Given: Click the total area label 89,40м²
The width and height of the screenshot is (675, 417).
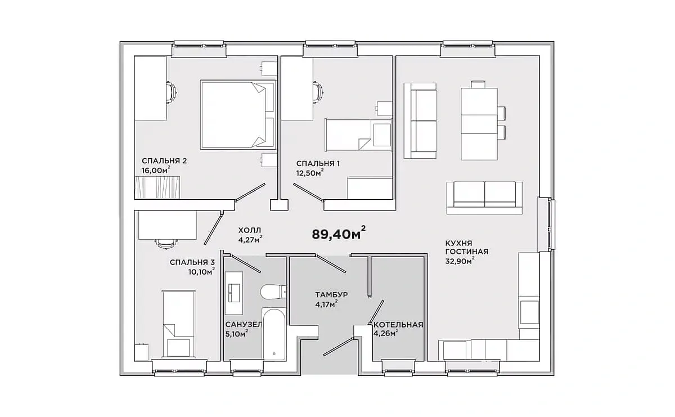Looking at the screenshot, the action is pyautogui.click(x=339, y=234).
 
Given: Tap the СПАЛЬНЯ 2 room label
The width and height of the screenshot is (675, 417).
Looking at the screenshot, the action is pyautogui.click(x=164, y=161).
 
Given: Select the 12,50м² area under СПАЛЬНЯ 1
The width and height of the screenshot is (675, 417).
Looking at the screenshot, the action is pyautogui.click(x=310, y=173).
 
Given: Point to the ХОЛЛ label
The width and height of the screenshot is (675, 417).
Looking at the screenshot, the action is pyautogui.click(x=250, y=230).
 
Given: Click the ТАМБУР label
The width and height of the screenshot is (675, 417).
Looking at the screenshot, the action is pyautogui.click(x=331, y=294).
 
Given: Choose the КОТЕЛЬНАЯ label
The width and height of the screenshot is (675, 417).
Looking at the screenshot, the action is pyautogui.click(x=398, y=325).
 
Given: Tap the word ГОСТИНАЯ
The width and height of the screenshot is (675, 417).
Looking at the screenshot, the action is pyautogui.click(x=467, y=252).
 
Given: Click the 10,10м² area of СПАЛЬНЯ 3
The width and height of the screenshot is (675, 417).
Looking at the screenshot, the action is pyautogui.click(x=201, y=272).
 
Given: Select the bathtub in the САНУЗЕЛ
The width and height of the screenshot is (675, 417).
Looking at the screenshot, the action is pyautogui.click(x=273, y=334).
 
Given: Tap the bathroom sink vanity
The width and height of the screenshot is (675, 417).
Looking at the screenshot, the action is pyautogui.click(x=234, y=293).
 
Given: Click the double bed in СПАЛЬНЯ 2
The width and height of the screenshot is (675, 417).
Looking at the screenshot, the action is pyautogui.click(x=238, y=115).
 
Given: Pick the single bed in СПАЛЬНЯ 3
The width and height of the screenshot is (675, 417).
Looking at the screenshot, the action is pyautogui.click(x=178, y=325).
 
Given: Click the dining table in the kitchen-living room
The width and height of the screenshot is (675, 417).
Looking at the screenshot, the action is pyautogui.click(x=479, y=124).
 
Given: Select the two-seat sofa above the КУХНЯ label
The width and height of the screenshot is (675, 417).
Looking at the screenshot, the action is pyautogui.click(x=484, y=198).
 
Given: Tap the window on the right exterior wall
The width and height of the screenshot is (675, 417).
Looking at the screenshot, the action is pyautogui.click(x=551, y=225).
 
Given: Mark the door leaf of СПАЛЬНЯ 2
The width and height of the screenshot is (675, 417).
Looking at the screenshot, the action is pyautogui.click(x=250, y=192).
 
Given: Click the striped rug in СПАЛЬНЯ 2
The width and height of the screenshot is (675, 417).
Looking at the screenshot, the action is pyautogui.click(x=157, y=187).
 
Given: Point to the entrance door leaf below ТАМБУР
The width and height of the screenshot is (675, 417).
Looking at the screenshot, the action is pyautogui.click(x=338, y=347).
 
